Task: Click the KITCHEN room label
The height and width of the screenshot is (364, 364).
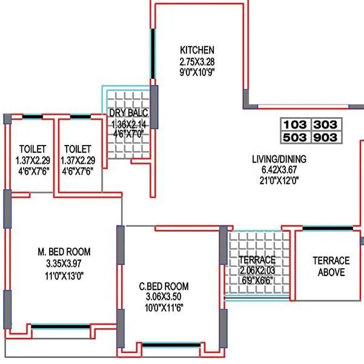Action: click(x=197, y=50)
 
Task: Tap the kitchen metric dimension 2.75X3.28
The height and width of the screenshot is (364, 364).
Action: click(x=197, y=61)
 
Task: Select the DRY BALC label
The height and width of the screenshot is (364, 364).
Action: click(x=128, y=113)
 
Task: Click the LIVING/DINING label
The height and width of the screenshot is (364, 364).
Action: click(x=279, y=160)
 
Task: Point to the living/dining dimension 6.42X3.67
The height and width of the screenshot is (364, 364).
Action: click(x=279, y=170)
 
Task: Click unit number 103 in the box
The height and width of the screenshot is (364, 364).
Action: click(x=295, y=125)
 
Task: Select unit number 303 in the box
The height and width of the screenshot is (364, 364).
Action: click(x=326, y=125)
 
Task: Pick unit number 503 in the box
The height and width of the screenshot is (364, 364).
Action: click(x=295, y=138)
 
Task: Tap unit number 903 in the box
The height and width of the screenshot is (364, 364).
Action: click(x=326, y=138)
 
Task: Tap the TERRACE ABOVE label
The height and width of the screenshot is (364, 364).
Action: click(x=331, y=266)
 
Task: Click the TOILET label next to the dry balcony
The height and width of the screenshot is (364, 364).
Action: click(x=78, y=149)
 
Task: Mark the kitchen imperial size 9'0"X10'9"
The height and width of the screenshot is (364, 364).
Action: click(x=197, y=71)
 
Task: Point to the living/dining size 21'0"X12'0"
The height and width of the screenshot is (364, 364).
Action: click(x=279, y=180)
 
